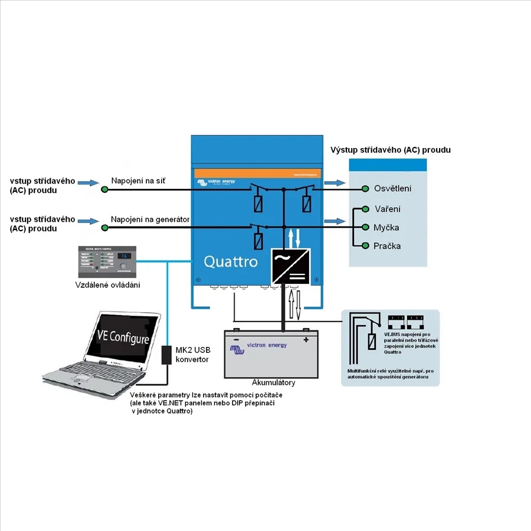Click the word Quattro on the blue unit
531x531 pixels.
(x=231, y=261)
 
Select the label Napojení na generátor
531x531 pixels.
(x=150, y=219)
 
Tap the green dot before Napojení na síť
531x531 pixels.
(x=104, y=189)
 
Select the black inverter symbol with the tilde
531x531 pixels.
(x=290, y=266)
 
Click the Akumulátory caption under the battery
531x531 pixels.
(x=273, y=382)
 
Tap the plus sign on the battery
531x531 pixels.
(x=306, y=339)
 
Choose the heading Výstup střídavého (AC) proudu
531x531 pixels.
(x=391, y=150)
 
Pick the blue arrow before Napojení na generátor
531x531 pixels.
(x=90, y=221)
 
